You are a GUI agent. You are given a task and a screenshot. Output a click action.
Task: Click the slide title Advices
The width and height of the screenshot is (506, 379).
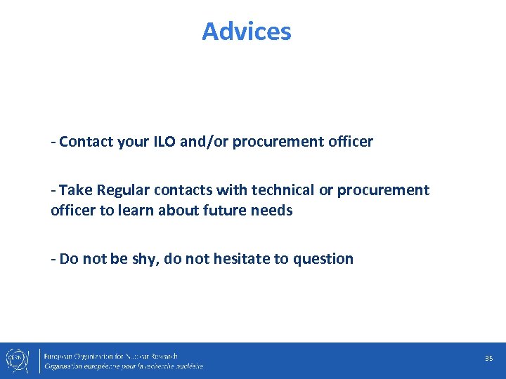tap(247, 32)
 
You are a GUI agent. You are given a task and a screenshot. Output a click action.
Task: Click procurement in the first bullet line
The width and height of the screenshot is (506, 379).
tap(278, 142)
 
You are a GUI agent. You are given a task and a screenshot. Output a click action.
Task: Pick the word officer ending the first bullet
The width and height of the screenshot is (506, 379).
tap(350, 142)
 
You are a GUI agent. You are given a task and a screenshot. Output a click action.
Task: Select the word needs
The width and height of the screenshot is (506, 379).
tap(273, 211)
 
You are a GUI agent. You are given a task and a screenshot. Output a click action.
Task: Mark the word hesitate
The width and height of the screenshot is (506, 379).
tap(240, 259)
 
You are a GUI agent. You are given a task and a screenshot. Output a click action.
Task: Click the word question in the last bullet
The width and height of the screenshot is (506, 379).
tap(323, 260)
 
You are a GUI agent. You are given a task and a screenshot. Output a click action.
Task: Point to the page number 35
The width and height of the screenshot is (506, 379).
tap(488, 359)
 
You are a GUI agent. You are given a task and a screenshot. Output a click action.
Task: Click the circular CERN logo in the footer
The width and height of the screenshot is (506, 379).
tap(16, 359)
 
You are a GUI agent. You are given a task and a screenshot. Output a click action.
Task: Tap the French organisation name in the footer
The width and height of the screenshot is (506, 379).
tap(124, 366)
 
